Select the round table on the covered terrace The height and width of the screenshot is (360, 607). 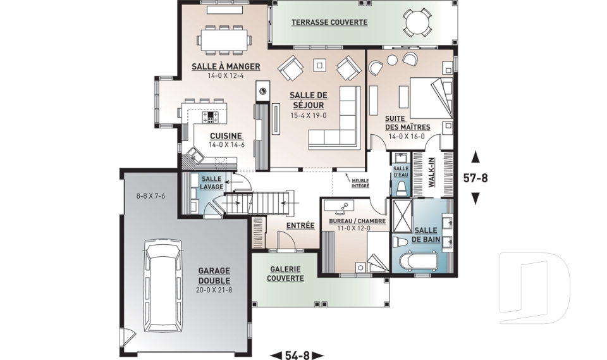[418, 24]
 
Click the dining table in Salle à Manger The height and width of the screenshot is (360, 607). [224, 39]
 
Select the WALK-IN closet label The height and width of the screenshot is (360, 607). [431, 172]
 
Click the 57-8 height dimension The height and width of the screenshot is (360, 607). [475, 178]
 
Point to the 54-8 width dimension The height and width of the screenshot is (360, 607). [297, 355]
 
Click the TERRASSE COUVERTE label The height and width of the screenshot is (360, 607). [329, 22]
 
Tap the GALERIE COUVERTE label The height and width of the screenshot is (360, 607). [285, 273]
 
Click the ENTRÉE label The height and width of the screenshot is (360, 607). [300, 225]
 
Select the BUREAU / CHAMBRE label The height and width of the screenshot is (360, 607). [353, 221]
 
